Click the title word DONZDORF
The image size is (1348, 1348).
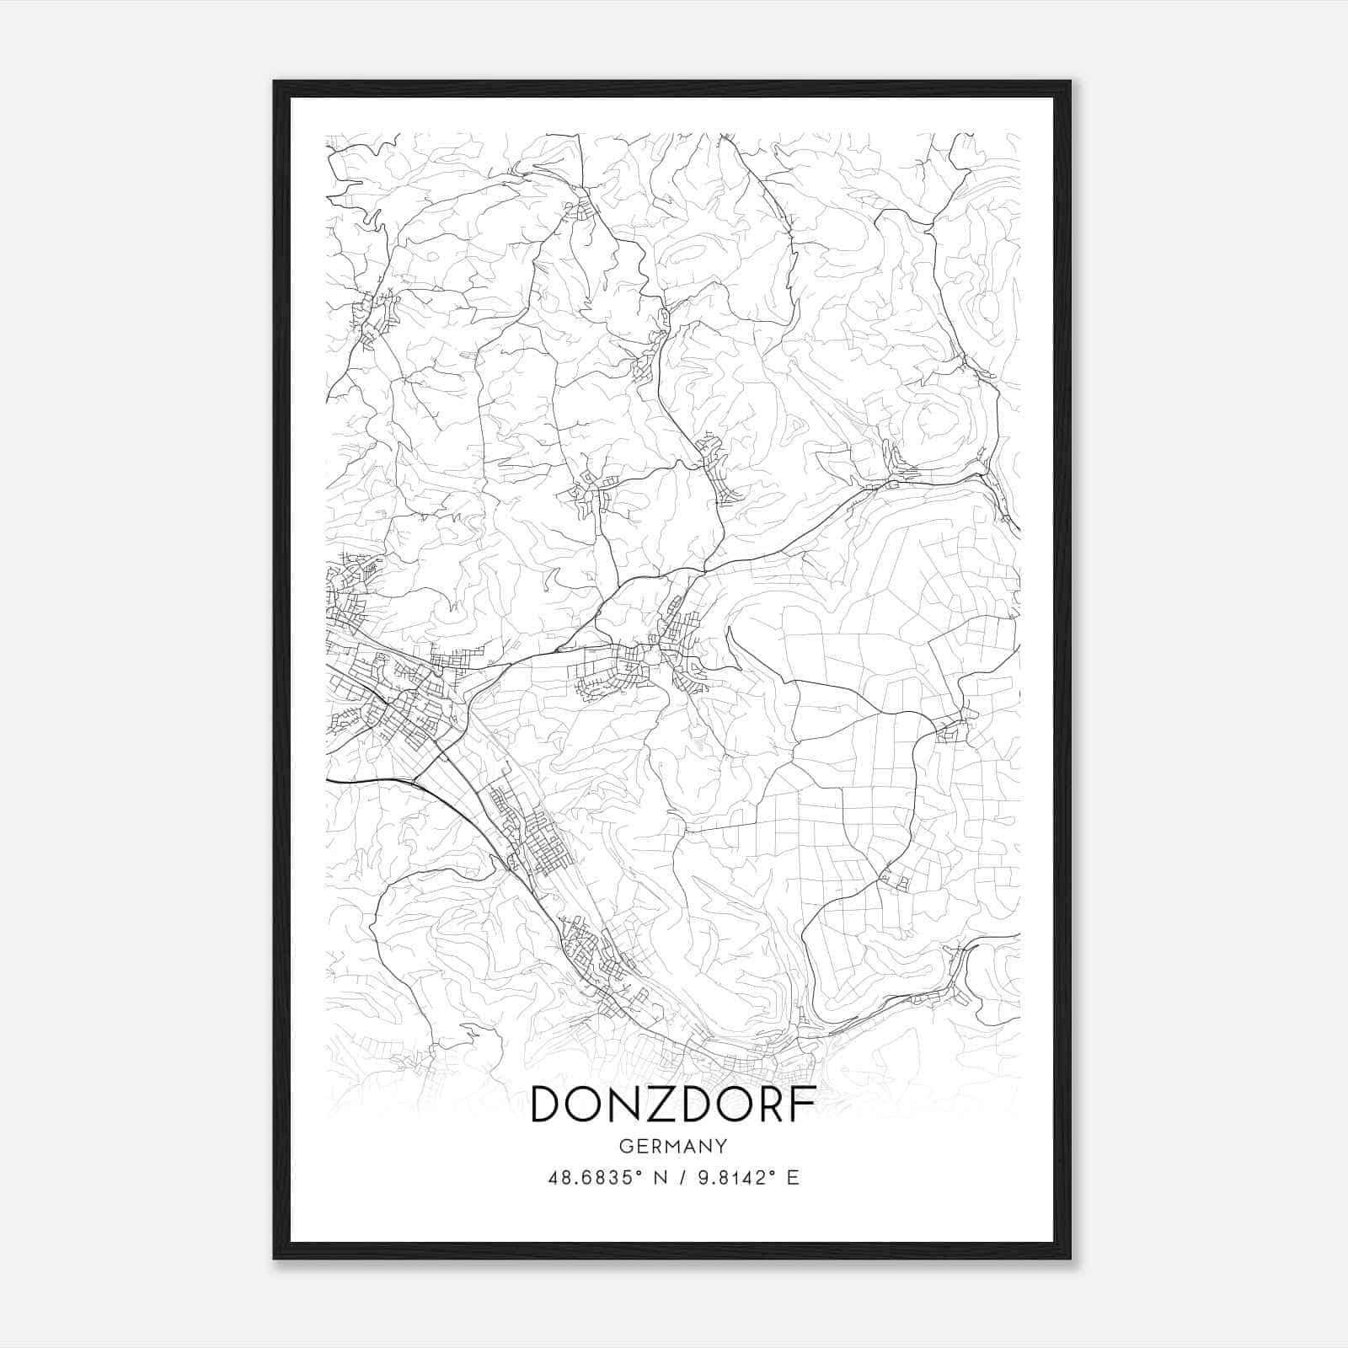coord(673,1104)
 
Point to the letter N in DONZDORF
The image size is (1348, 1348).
coord(622,1104)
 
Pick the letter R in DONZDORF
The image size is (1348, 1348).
coord(770,1104)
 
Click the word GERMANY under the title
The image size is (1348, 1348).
coord(673,1146)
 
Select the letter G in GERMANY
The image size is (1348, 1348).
coord(624,1146)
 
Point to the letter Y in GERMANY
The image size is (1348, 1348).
coord(722,1146)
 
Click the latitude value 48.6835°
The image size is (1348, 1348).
coord(597,1177)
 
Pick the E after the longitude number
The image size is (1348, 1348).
coord(792,1177)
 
